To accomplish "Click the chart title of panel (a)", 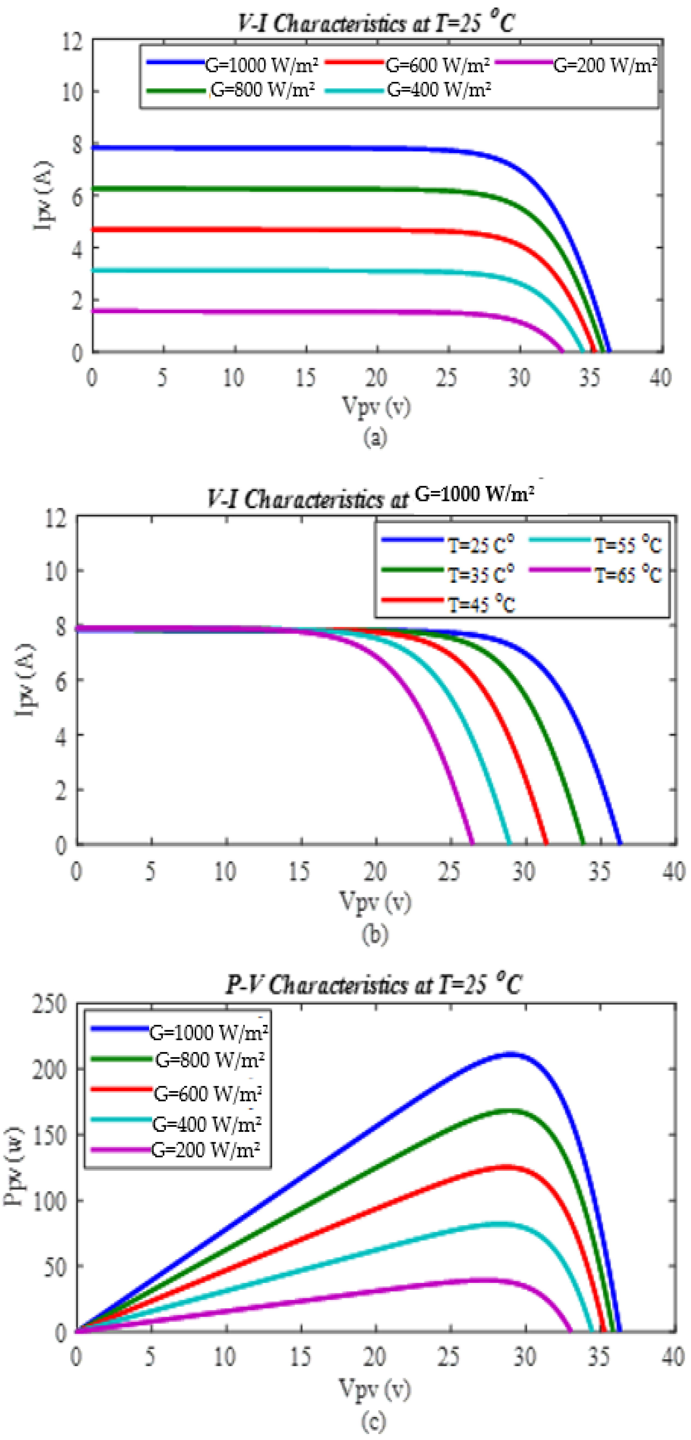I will point(375,23).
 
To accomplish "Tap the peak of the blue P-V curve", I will point(509,1054).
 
